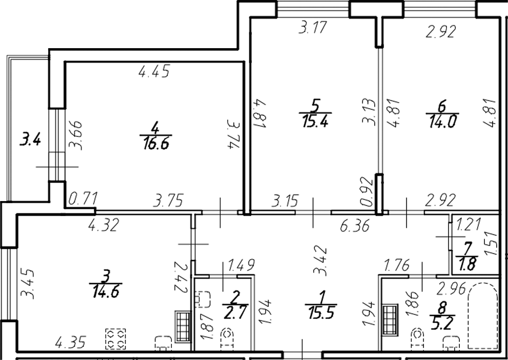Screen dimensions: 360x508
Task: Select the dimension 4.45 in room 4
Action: coord(153,72)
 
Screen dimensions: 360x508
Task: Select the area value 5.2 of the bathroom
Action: coord(443,323)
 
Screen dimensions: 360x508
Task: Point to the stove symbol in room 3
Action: coord(115,338)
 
